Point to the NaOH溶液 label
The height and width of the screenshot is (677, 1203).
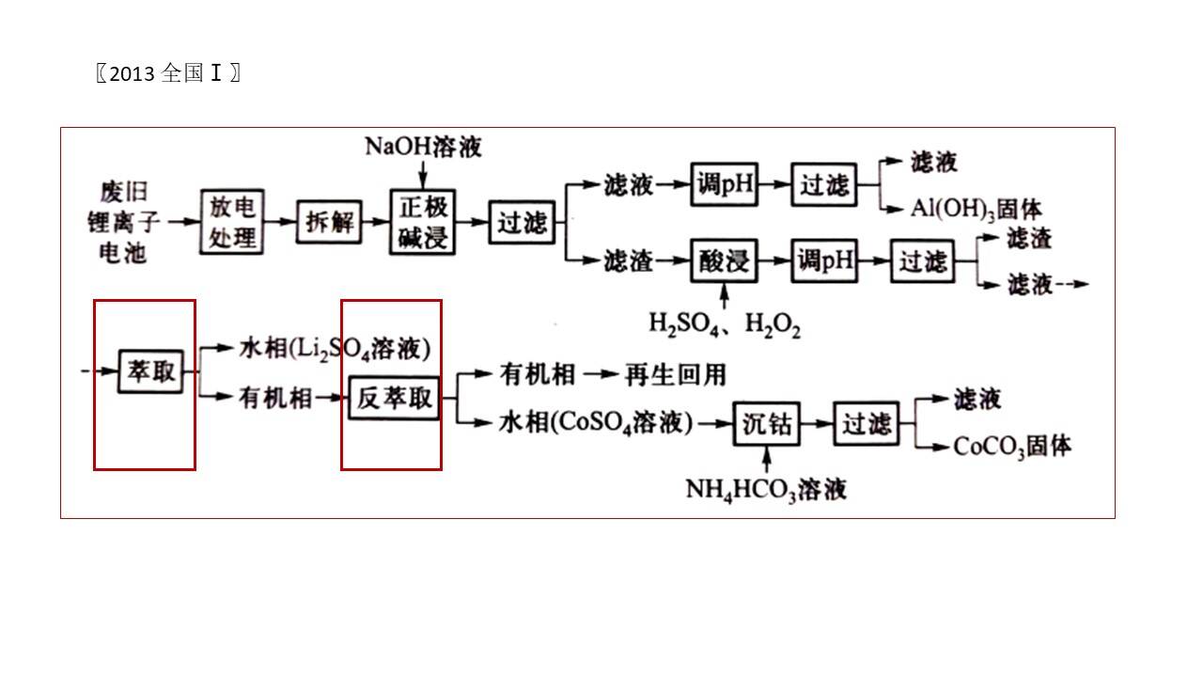423,147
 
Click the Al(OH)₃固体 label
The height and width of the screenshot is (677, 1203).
976,209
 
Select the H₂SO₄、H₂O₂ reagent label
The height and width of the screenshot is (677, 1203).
725,324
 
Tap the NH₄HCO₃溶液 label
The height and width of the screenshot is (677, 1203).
766,490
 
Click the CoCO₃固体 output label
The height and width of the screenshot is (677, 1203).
1012,447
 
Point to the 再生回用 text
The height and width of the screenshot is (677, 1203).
676,374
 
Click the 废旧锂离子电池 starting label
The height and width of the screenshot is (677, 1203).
123,222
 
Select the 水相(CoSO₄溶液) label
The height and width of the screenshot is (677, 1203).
596,422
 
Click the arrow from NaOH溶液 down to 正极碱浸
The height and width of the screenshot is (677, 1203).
423,174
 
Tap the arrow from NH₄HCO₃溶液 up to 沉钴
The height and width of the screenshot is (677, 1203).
767,460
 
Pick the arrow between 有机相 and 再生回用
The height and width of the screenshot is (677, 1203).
601,374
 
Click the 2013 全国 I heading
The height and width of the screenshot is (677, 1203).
168,73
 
